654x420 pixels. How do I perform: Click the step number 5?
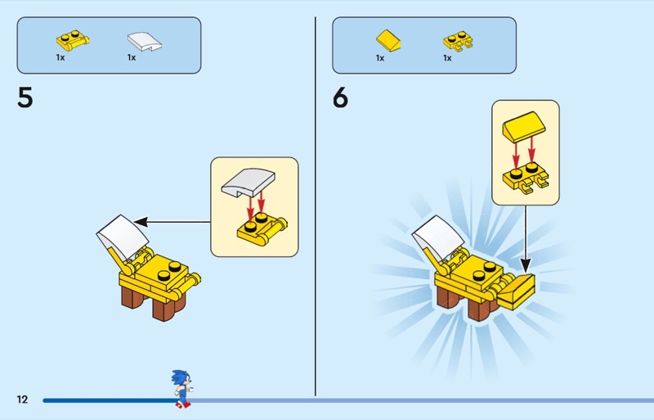(25, 97)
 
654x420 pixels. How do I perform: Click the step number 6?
(340, 97)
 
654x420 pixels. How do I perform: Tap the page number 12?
(22, 400)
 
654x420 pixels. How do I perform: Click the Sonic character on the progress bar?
(181, 389)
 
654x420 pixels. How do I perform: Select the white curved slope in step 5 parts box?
(145, 42)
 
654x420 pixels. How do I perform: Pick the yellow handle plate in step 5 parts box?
(73, 41)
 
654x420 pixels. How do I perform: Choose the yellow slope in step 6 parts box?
(388, 40)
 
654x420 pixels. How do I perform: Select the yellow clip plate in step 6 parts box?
(458, 41)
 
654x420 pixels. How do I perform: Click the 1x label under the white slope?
(132, 57)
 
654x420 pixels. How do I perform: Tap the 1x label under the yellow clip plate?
(447, 58)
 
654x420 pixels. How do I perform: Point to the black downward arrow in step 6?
(526, 239)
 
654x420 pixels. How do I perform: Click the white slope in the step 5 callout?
(249, 182)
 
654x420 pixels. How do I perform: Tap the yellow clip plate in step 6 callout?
(526, 178)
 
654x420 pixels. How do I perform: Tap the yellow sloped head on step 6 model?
(516, 291)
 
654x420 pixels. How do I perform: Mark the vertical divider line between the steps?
(316, 206)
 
